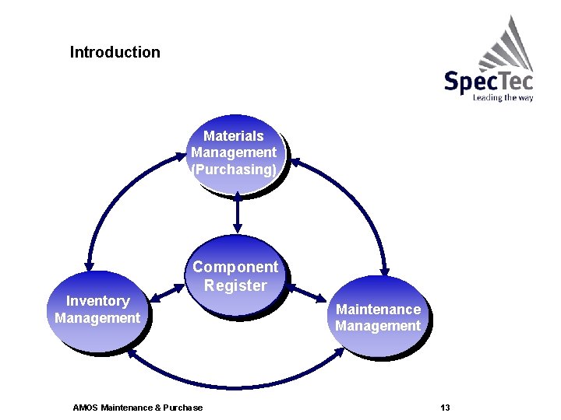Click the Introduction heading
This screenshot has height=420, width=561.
(x=115, y=53)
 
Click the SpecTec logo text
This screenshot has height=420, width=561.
(x=488, y=80)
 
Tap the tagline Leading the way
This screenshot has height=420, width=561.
(x=503, y=98)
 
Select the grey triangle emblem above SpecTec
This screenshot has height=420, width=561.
(x=507, y=45)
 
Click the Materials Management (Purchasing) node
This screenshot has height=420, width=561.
(x=235, y=153)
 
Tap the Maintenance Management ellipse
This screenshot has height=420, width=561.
(x=378, y=317)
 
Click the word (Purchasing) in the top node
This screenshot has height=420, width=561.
(x=234, y=170)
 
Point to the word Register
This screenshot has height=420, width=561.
(x=235, y=285)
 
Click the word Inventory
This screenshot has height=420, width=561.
(x=97, y=301)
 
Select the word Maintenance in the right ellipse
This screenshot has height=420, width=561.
(x=378, y=309)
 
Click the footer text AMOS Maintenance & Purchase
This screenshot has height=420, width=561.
(x=137, y=408)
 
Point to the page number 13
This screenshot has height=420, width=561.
(x=445, y=408)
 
